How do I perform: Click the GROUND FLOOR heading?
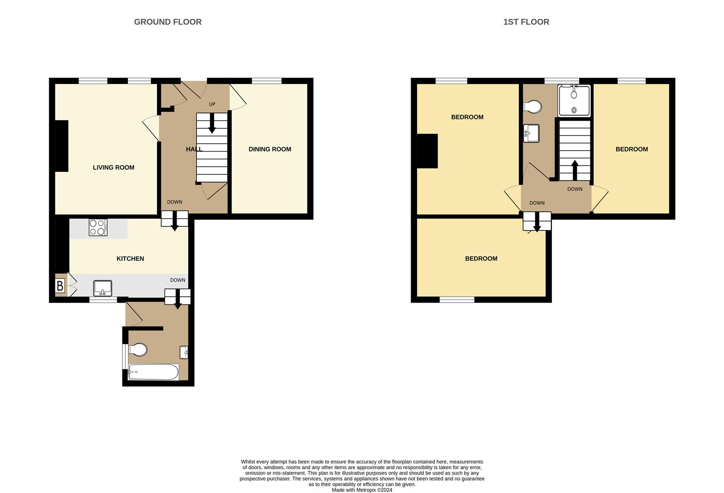[x=168, y=22]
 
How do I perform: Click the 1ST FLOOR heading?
[x=526, y=22]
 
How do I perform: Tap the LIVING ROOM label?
[x=113, y=168]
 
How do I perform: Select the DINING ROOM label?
[x=270, y=149]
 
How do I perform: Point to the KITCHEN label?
[x=130, y=259]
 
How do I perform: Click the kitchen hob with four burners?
[x=98, y=227]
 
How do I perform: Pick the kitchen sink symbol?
[x=102, y=288]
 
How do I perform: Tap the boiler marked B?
[x=60, y=286]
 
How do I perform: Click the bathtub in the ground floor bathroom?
[x=153, y=372]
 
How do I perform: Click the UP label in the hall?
[x=212, y=105]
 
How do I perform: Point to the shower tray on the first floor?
[x=574, y=100]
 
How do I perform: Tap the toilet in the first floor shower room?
[x=533, y=107]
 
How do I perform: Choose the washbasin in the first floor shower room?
[x=531, y=133]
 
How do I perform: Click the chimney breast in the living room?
[x=62, y=146]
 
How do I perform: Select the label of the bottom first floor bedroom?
[x=481, y=259]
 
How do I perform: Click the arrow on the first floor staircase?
[x=575, y=170]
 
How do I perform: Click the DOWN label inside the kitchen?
[x=178, y=280]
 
